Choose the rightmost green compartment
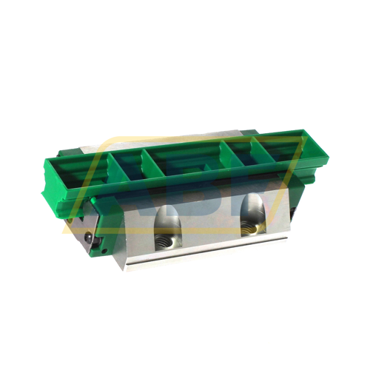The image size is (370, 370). coord(277,147)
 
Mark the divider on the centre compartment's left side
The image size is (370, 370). coord(152,170)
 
